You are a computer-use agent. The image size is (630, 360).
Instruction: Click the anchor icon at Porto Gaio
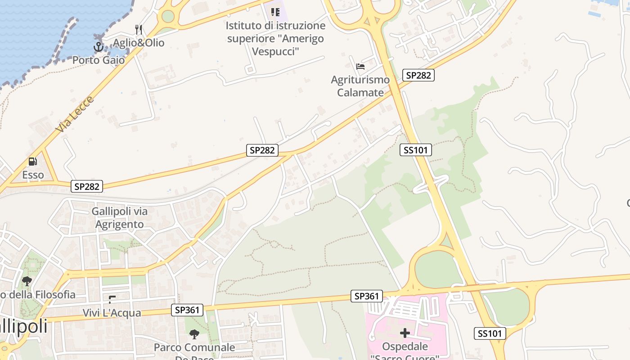tap(98, 46)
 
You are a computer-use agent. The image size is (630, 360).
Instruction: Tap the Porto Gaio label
tap(99, 60)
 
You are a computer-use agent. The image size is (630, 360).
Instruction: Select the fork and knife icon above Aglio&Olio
tap(139, 30)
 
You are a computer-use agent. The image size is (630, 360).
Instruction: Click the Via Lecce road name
tap(75, 114)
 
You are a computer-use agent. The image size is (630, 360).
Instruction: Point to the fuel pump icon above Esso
tap(33, 161)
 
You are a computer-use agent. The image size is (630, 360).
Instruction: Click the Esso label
tap(33, 175)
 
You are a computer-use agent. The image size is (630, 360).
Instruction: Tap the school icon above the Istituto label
tap(275, 12)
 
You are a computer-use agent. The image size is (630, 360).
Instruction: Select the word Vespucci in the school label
tap(275, 51)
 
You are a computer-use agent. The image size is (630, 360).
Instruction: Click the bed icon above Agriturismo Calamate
tap(360, 67)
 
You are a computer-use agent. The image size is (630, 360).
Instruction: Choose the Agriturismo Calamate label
tap(360, 86)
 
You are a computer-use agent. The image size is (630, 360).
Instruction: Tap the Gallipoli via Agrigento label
tap(119, 217)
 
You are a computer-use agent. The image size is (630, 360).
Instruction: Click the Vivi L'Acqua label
tap(112, 313)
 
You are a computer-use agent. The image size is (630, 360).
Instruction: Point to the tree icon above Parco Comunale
tap(194, 334)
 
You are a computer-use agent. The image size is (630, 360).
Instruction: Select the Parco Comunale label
tap(194, 347)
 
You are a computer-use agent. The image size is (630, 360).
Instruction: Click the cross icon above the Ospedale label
tap(405, 333)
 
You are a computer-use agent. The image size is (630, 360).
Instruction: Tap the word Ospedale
tap(405, 346)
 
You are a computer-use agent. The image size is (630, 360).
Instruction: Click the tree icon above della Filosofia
tap(27, 281)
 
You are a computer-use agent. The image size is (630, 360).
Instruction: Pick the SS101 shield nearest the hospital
tap(490, 333)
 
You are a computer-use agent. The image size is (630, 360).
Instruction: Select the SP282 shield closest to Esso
tap(87, 186)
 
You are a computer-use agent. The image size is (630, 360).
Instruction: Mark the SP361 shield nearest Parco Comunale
tap(187, 310)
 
